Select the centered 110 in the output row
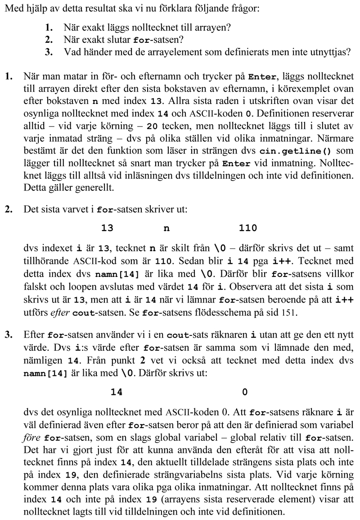(248, 228)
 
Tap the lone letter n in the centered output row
(166, 228)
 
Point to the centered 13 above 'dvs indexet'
(107, 228)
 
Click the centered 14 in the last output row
(117, 392)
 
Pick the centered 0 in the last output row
(245, 392)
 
